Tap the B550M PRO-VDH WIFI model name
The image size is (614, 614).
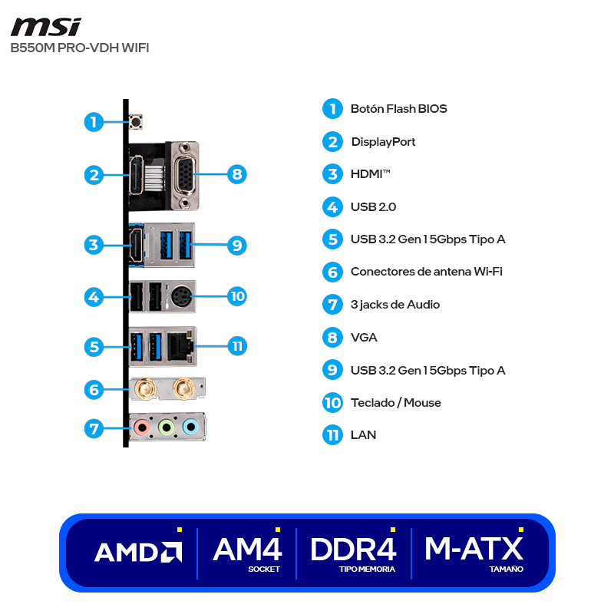(80, 48)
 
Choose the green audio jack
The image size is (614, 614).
(166, 427)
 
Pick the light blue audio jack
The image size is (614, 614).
(190, 427)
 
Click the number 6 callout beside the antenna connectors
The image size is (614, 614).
(94, 389)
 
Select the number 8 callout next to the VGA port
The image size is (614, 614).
(237, 174)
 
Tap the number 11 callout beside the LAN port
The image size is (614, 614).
(237, 345)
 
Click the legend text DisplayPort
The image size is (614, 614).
(383, 142)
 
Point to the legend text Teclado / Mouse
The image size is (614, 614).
(395, 403)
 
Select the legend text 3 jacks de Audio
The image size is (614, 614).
(394, 305)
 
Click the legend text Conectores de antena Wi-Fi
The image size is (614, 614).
(426, 272)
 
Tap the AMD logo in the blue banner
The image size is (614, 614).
(138, 552)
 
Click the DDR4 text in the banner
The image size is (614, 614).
(353, 549)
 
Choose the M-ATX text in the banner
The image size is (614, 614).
(474, 549)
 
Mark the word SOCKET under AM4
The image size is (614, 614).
(264, 569)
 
